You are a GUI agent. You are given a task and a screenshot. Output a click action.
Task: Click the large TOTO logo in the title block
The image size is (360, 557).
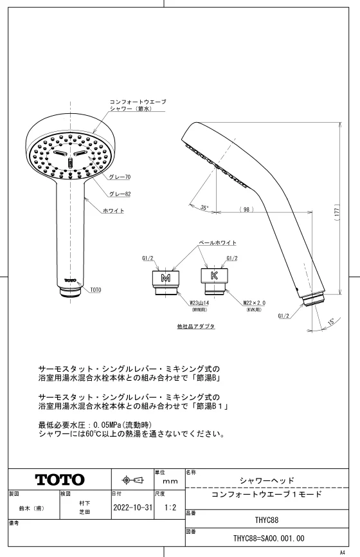click(60, 480)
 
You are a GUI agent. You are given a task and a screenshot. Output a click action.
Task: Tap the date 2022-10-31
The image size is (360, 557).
click(133, 507)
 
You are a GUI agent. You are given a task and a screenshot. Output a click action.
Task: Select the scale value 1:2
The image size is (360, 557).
click(170, 507)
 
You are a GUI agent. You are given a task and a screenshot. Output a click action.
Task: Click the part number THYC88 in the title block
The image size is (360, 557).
click(267, 520)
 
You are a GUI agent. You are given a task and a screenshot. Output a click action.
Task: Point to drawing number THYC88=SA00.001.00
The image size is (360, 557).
click(269, 538)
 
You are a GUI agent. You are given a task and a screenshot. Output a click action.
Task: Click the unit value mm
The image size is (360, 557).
click(170, 481)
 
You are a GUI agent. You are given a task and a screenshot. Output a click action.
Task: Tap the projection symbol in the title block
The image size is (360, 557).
click(133, 480)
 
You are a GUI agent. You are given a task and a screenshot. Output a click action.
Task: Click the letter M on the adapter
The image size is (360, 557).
click(166, 278)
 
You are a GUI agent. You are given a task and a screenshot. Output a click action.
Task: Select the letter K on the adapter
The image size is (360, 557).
click(214, 275)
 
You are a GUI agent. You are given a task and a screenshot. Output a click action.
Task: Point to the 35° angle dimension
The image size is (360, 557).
click(204, 208)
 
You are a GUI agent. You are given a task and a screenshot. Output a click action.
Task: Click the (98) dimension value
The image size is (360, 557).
click(246, 210)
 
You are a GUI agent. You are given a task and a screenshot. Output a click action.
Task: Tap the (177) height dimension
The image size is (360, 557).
click(337, 212)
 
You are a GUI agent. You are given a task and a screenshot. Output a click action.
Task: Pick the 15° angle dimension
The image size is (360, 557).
click(331, 322)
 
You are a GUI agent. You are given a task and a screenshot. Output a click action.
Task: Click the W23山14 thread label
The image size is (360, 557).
click(199, 303)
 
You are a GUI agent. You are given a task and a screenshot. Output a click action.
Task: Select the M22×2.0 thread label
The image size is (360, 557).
click(254, 303)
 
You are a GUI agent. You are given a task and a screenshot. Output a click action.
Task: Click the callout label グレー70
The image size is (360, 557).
click(120, 177)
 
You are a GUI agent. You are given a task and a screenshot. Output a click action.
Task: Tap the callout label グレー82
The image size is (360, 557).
click(120, 194)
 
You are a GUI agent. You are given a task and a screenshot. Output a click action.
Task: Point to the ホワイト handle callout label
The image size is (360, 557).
click(114, 211)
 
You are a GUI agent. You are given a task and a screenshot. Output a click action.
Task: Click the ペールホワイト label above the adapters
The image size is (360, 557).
click(217, 242)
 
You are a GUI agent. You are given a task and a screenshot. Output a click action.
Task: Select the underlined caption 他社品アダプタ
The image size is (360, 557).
click(196, 326)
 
